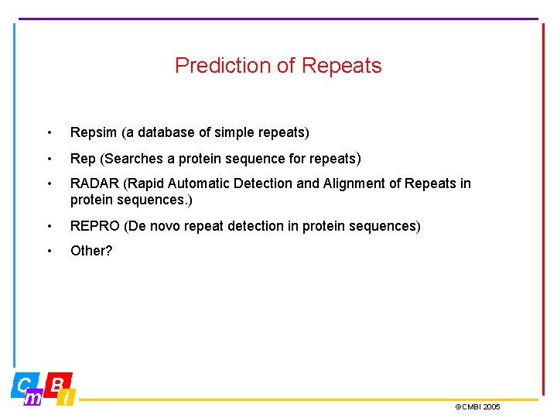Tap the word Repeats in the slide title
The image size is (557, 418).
coord(341,66)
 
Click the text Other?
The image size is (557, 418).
coord(91,251)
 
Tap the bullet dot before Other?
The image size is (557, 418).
coord(50,251)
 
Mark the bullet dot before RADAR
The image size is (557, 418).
coord(50,184)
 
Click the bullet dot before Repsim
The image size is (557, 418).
coord(50,133)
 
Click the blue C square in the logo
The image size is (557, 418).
coord(24,384)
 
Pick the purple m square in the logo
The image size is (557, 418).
coord(33,398)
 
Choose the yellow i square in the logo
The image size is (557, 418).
coord(67,398)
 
